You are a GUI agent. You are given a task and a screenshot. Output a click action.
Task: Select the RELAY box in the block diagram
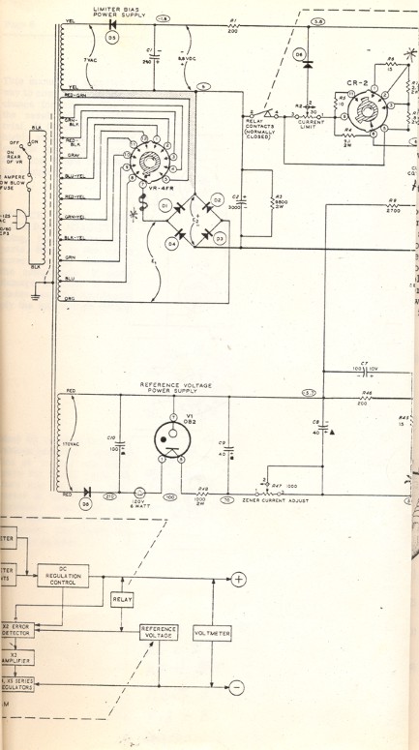point(122,600)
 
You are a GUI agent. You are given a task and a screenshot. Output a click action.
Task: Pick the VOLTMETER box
point(212,634)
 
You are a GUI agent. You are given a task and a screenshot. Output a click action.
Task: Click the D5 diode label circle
point(111,38)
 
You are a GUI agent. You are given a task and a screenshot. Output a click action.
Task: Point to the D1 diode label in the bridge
point(165,205)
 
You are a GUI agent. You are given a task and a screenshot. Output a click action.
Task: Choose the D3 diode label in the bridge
point(220,237)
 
